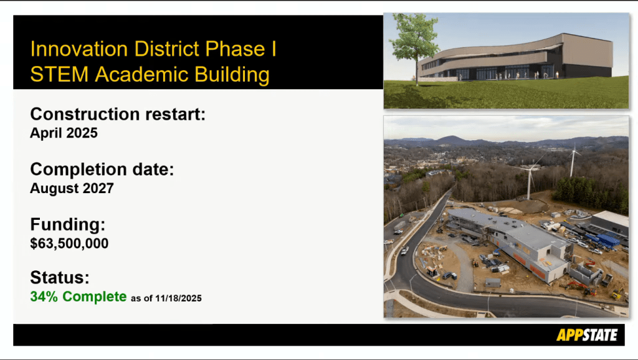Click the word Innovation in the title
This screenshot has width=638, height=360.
click(79, 49)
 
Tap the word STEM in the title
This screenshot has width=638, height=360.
click(59, 75)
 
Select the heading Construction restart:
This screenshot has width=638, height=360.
click(118, 114)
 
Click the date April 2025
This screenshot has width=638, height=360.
click(64, 133)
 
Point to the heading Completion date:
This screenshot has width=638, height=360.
click(102, 169)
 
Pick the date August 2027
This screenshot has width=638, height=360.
click(72, 188)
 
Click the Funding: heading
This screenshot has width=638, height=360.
click(67, 224)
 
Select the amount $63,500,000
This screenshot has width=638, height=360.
click(69, 244)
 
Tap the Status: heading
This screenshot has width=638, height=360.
click(60, 277)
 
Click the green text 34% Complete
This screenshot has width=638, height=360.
click(79, 296)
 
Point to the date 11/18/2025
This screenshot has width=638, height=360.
click(178, 298)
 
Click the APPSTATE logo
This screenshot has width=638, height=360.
click(587, 335)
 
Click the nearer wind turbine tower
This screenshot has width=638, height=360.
click(530, 184)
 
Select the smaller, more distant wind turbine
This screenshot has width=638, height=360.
click(573, 161)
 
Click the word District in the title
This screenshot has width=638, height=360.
click(166, 49)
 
